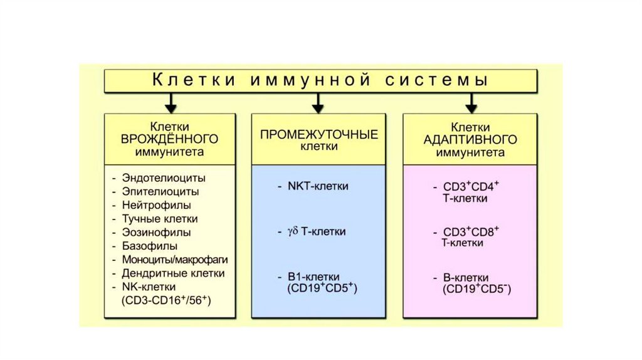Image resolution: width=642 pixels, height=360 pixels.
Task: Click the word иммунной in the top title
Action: click(310, 80)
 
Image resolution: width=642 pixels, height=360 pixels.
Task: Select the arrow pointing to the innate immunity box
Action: click(171, 103)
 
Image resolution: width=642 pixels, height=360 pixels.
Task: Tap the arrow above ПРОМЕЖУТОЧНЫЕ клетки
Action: click(318, 103)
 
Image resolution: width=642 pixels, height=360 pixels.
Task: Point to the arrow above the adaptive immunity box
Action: click(471, 103)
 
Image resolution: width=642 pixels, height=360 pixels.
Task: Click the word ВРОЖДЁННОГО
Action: click(169, 139)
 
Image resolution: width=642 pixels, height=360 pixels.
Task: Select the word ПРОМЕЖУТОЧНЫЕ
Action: click(319, 135)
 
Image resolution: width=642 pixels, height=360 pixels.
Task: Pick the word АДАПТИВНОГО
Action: click(470, 140)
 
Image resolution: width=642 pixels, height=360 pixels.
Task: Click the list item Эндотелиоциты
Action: click(164, 178)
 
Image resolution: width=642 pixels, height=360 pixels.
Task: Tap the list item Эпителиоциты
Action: click(160, 192)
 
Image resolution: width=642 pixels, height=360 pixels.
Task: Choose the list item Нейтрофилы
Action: click(156, 205)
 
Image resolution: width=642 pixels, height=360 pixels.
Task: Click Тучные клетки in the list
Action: click(160, 219)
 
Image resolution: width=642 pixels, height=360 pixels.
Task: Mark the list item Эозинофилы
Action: click(156, 232)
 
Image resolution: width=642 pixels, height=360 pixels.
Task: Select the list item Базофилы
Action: click(150, 246)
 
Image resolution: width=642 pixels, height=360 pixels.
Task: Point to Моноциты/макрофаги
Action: click(175, 260)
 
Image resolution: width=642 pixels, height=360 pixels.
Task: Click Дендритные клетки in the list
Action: click(173, 273)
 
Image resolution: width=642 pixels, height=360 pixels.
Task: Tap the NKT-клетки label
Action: click(318, 186)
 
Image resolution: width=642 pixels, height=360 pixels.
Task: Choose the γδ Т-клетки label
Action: click(317, 231)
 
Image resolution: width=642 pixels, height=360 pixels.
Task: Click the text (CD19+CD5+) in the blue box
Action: click(322, 288)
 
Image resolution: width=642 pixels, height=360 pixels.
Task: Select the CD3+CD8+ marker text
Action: click(471, 231)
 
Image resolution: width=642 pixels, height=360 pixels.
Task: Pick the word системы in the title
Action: click(436, 80)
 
